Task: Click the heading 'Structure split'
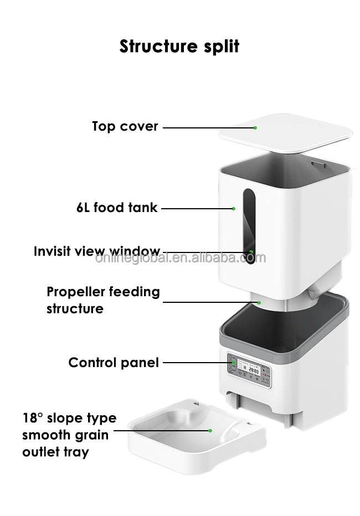pos(179,47)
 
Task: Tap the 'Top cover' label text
pos(125,127)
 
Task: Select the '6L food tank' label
pos(117,208)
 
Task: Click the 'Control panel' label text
pos(114,363)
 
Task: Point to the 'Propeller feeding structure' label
pos(103,300)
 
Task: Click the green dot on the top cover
pos(255,128)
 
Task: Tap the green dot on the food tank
pos(234,209)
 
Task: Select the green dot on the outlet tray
pos(210,430)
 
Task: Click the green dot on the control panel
pos(233,363)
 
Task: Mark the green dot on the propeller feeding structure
pos(259,302)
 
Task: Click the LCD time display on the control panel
pos(254,370)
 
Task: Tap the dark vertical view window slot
pos(249,226)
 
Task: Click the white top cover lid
pos(285,133)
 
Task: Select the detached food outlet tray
pos(197,436)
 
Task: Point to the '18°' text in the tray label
pos(33,418)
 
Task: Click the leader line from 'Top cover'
pos(209,128)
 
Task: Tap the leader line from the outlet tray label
pos(162,430)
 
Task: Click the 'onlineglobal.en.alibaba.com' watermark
pos(181,257)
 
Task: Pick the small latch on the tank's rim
pos(318,163)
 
